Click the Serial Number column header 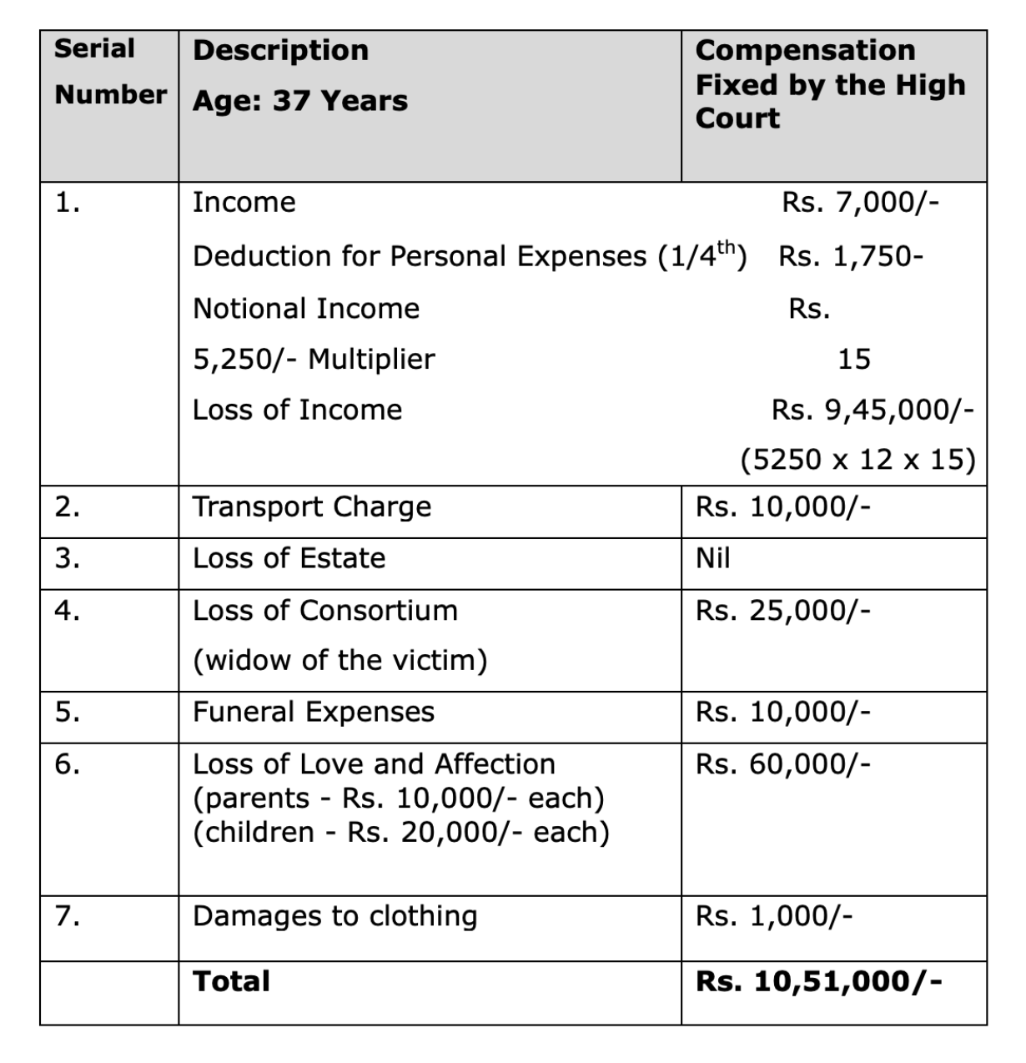pyautogui.click(x=109, y=72)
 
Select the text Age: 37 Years pyautogui.click(x=299, y=101)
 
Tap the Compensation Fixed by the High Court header pyautogui.click(x=830, y=84)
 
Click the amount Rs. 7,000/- pyautogui.click(x=860, y=203)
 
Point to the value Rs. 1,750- pyautogui.click(x=850, y=256)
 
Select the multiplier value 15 pyautogui.click(x=853, y=360)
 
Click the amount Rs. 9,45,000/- pyautogui.click(x=872, y=410)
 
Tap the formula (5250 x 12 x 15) pyautogui.click(x=858, y=460)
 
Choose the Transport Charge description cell pyautogui.click(x=312, y=507)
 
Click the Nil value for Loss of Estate pyautogui.click(x=713, y=558)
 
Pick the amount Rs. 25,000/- pyautogui.click(x=782, y=611)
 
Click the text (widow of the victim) pyautogui.click(x=339, y=661)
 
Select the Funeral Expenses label pyautogui.click(x=314, y=712)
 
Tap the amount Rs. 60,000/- pyautogui.click(x=782, y=763)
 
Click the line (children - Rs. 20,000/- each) pyautogui.click(x=400, y=833)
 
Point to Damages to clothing pyautogui.click(x=334, y=916)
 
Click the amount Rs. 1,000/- pyautogui.click(x=773, y=916)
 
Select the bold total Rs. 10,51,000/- pyautogui.click(x=818, y=981)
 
